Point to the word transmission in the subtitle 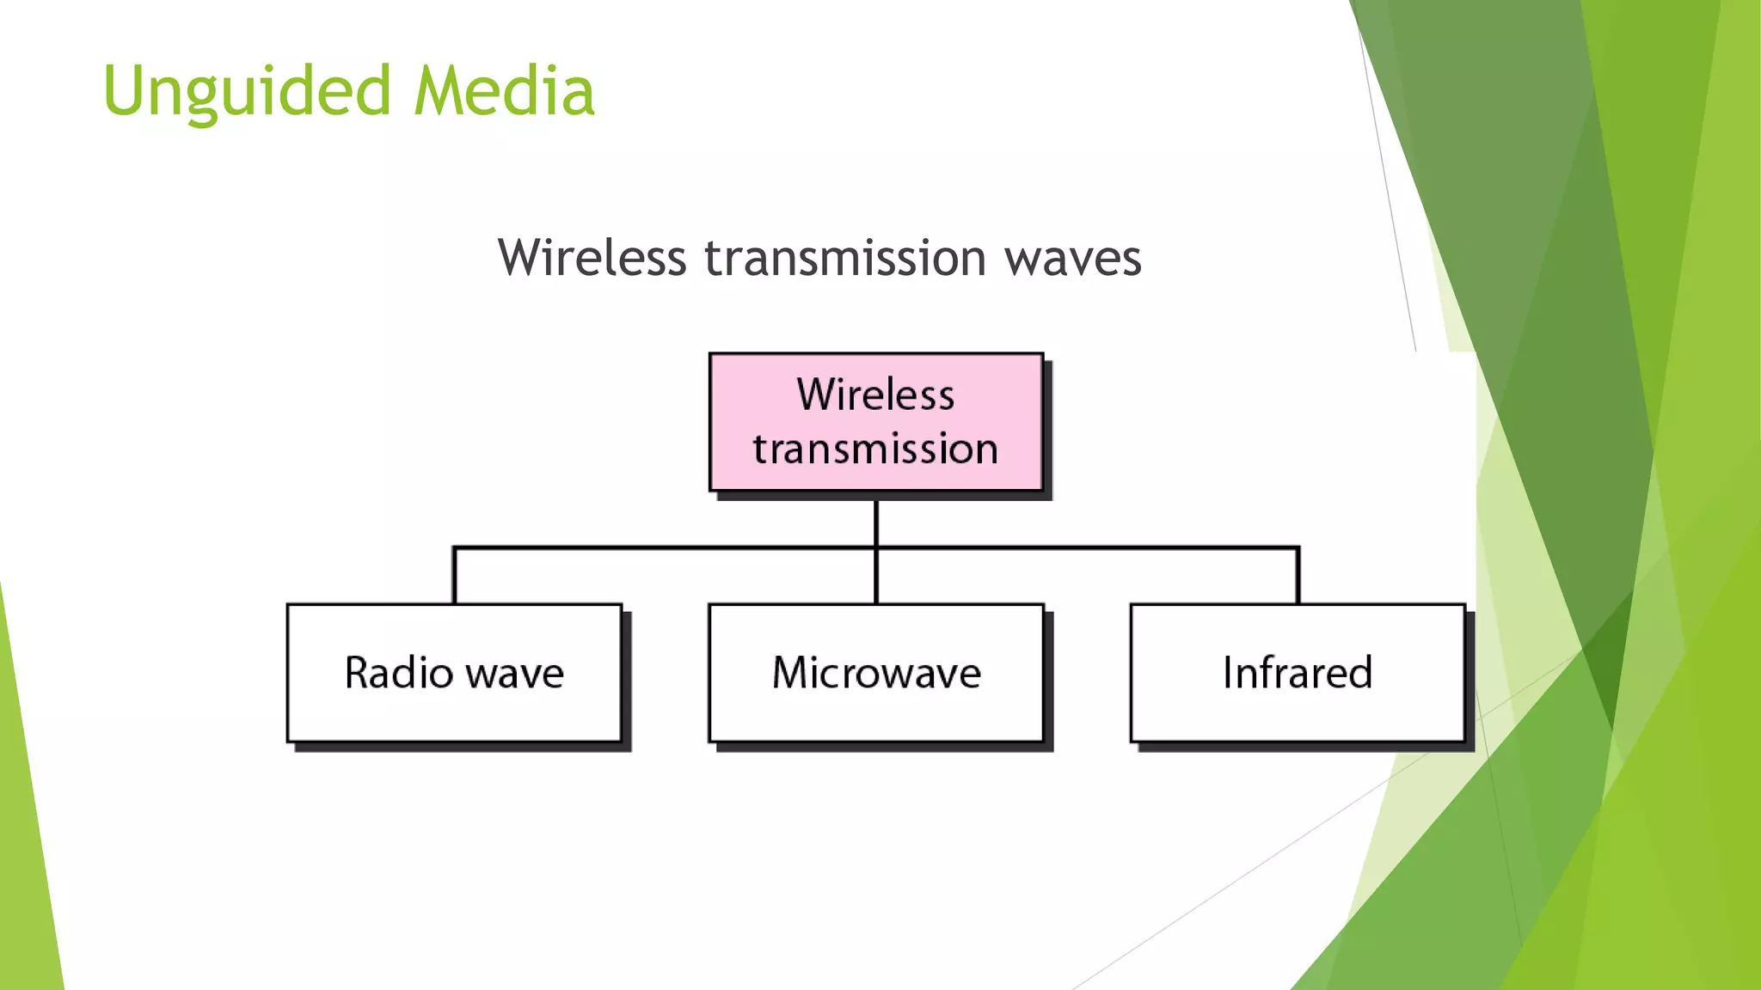coord(845,258)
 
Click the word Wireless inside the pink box coord(875,394)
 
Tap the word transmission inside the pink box coord(875,449)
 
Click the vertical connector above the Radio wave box coord(454,576)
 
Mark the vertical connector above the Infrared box coord(1298,576)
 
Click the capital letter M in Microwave coord(790,672)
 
